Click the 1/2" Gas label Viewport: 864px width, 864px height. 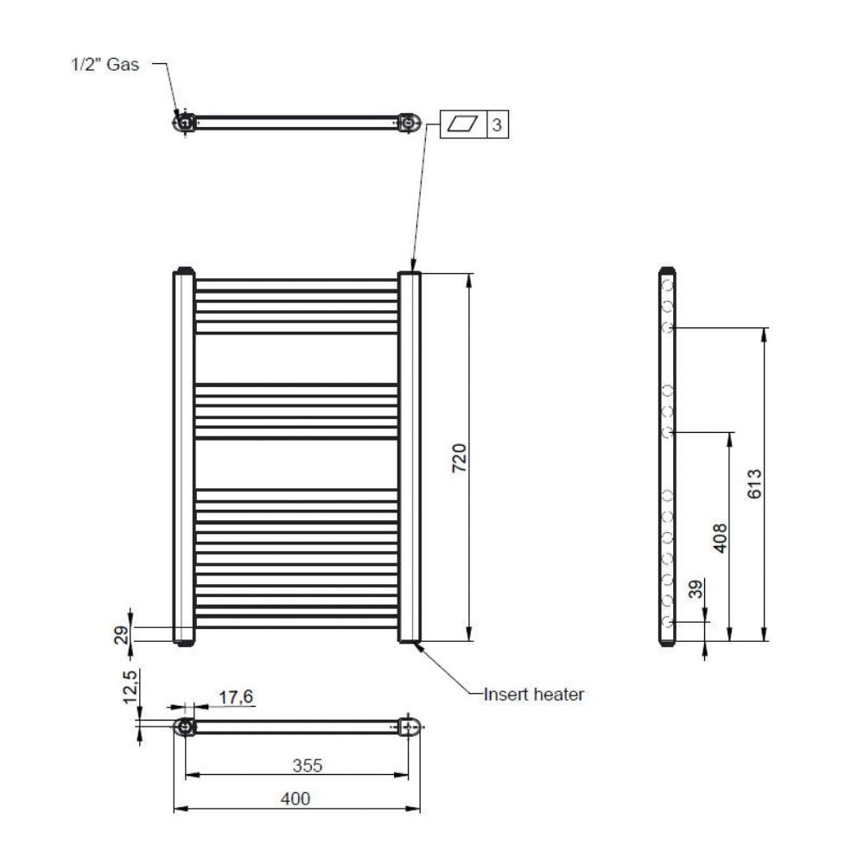tap(105, 65)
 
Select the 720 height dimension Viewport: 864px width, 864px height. tap(459, 457)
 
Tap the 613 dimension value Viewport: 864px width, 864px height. tap(754, 484)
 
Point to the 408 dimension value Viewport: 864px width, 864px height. tap(720, 538)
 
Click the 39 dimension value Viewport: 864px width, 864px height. tap(696, 589)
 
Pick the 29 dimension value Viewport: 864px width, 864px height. tap(121, 635)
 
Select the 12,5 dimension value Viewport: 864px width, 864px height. tap(130, 687)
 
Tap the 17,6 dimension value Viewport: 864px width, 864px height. tap(236, 697)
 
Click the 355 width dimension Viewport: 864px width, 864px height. tap(307, 766)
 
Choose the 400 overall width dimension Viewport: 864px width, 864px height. tap(295, 798)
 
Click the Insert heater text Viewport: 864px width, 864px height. tap(533, 695)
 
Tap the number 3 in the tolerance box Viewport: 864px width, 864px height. tap(497, 125)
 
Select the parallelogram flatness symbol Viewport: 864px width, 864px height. tap(462, 124)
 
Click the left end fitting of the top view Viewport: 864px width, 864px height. tap(184, 123)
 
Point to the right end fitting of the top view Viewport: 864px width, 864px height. tap(409, 123)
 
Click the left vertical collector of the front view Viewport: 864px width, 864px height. tap(184, 456)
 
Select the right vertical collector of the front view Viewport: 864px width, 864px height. tap(410, 457)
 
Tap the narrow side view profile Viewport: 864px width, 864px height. tap(667, 456)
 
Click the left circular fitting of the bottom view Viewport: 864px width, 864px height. tap(185, 727)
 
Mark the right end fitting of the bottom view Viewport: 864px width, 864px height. tap(410, 727)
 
